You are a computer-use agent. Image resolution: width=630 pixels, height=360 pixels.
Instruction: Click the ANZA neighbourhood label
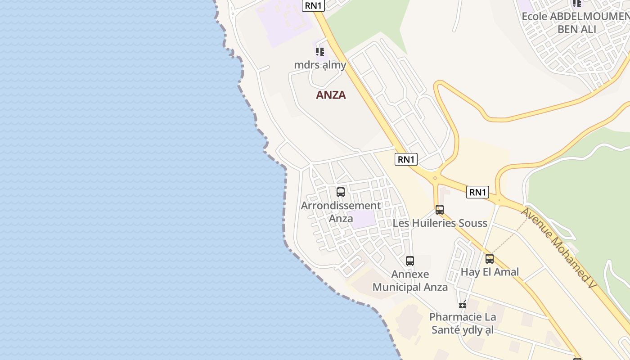pos(331,95)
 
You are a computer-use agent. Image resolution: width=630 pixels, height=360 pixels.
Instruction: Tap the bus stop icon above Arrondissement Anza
pos(341,192)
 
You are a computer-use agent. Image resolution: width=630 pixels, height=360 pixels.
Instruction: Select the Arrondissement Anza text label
pos(341,212)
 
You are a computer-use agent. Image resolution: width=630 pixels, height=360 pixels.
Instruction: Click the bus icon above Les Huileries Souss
pos(440,209)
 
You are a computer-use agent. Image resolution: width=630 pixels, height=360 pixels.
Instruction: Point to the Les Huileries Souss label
pos(440,223)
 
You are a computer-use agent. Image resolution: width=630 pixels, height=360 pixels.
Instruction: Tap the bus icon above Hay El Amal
pos(490,259)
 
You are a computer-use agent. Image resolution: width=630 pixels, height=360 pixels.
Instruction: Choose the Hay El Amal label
pos(490,272)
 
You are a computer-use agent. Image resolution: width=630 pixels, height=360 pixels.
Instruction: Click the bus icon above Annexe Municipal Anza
pos(410,261)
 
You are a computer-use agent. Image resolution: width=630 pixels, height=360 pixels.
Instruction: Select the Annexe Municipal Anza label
pos(410,281)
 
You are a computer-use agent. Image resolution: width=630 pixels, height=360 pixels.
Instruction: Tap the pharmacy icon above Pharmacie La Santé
pos(463,304)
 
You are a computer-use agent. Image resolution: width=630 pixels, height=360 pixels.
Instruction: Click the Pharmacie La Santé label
pos(463,323)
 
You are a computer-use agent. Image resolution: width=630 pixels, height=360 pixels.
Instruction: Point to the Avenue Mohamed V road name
pos(558,247)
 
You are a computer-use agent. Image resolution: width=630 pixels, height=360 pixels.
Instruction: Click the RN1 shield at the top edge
pos(313,5)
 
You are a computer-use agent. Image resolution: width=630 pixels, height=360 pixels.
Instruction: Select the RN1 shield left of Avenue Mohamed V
pos(477,192)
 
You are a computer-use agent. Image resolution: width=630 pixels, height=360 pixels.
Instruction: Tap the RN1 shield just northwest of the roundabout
pos(406,159)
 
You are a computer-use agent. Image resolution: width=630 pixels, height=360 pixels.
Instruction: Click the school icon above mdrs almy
pos(320,51)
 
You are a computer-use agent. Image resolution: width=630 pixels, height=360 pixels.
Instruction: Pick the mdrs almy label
pos(320,65)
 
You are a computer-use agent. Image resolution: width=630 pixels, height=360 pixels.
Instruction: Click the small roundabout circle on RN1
pos(435,178)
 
